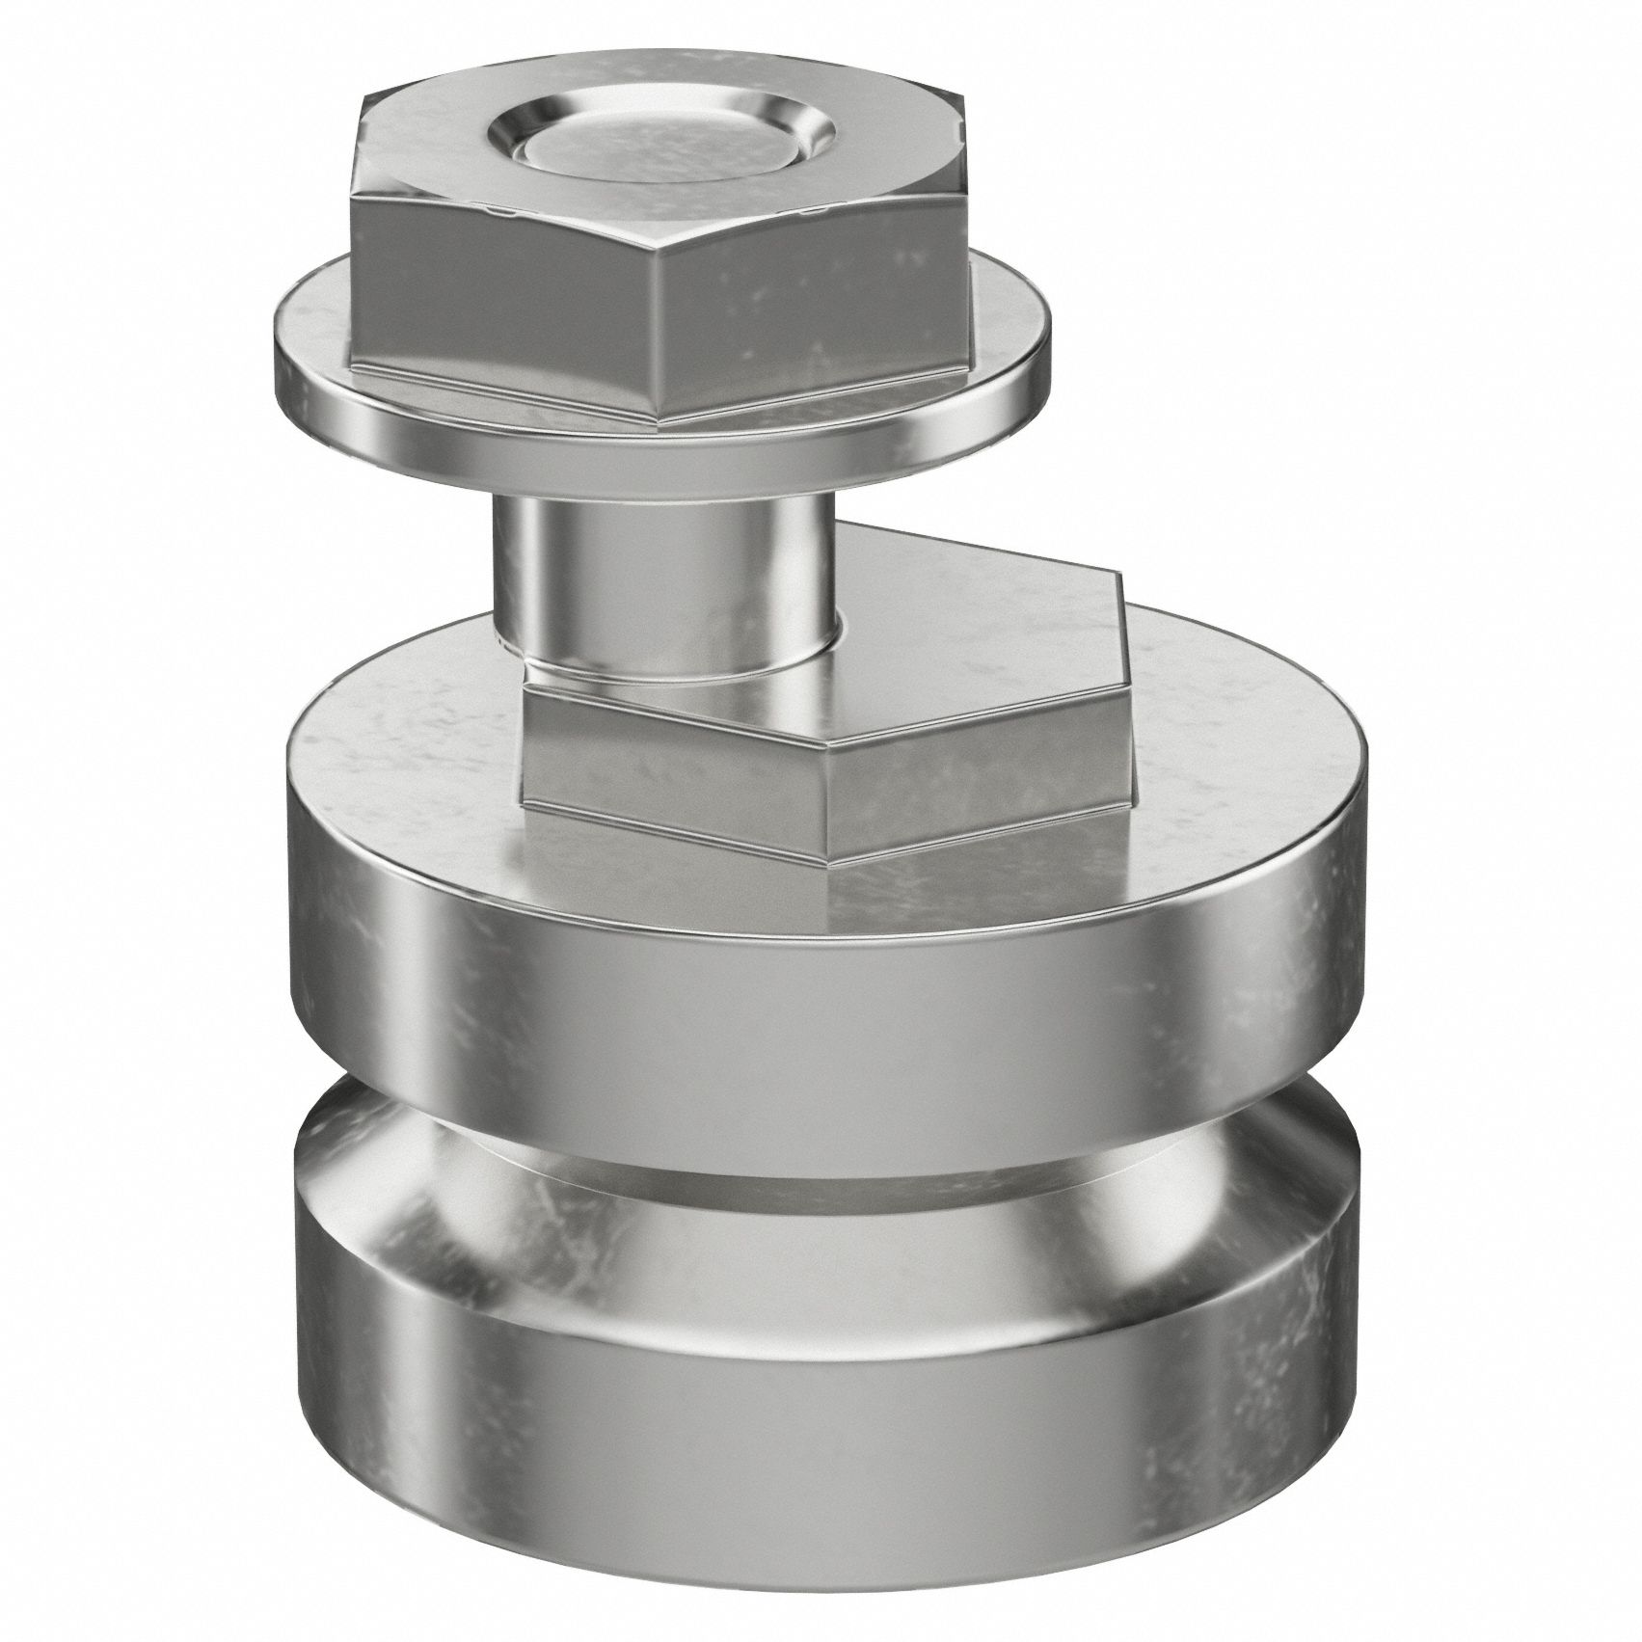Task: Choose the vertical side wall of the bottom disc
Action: [x=820, y=1369]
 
